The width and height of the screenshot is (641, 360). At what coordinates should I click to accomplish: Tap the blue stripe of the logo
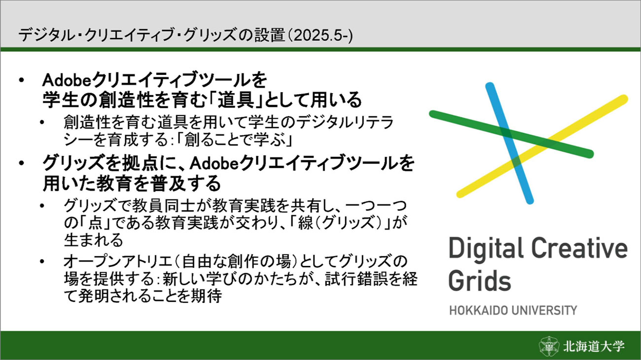coord(510,144)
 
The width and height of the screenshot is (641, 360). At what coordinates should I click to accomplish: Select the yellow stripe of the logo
coord(542,146)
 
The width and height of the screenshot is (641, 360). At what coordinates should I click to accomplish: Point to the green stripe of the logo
coord(511,134)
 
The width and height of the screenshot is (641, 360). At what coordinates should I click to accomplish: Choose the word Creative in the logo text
coord(579,248)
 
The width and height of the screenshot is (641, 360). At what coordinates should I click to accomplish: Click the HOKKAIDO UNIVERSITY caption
coord(513,311)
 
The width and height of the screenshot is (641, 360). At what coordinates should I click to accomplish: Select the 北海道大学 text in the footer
coord(594,346)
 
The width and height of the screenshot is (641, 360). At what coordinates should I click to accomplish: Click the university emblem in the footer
coord(549,346)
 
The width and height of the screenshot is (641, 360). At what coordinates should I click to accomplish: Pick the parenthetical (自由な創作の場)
coord(235,261)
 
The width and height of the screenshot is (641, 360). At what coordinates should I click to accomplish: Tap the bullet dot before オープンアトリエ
coord(42,261)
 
